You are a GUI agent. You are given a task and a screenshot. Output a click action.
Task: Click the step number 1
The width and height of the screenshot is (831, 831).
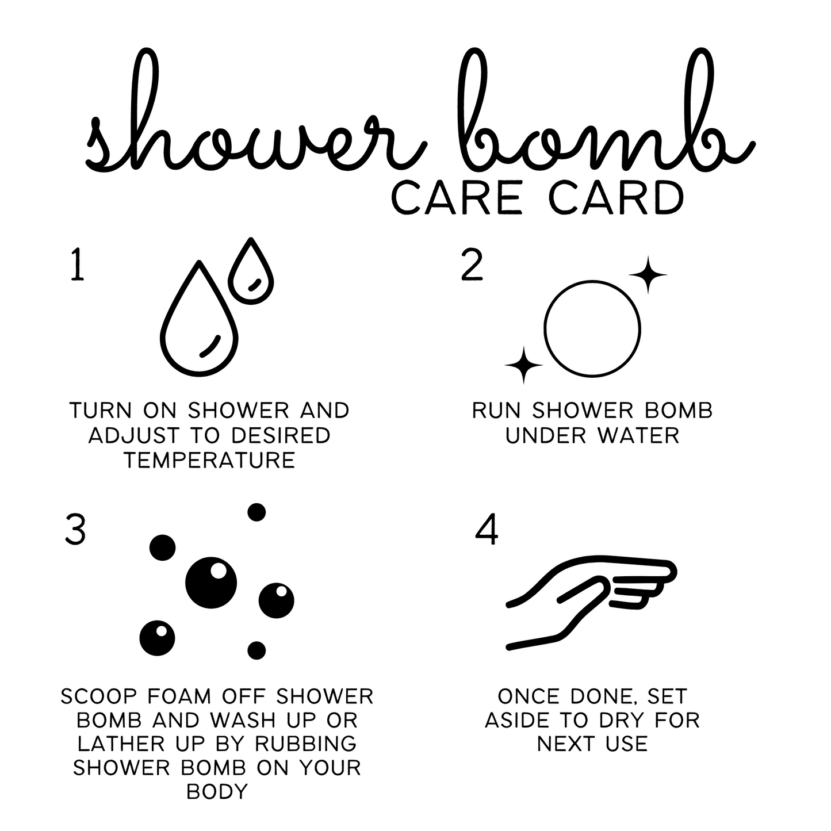pyautogui.click(x=77, y=266)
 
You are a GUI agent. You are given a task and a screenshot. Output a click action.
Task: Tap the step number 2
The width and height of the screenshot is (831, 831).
pyautogui.click(x=472, y=266)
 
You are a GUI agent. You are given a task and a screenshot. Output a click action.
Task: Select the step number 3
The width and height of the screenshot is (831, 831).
pyautogui.click(x=75, y=530)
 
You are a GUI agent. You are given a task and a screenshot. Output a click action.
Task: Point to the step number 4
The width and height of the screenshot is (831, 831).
pyautogui.click(x=487, y=530)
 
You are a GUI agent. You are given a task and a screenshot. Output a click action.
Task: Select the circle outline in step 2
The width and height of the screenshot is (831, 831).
pyautogui.click(x=592, y=329)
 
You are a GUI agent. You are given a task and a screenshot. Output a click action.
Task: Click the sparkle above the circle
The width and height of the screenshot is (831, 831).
pyautogui.click(x=648, y=275)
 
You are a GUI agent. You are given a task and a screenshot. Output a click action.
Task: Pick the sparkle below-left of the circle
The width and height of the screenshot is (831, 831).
pyautogui.click(x=523, y=365)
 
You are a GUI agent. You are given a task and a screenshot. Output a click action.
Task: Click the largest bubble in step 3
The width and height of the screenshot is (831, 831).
pyautogui.click(x=210, y=583)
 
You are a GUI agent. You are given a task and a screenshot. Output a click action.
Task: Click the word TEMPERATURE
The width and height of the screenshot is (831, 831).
pyautogui.click(x=209, y=460)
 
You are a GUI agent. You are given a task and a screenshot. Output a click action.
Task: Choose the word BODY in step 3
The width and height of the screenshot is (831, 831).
pyautogui.click(x=217, y=791)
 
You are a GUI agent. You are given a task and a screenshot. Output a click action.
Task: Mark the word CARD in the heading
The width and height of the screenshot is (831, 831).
pyautogui.click(x=615, y=198)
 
